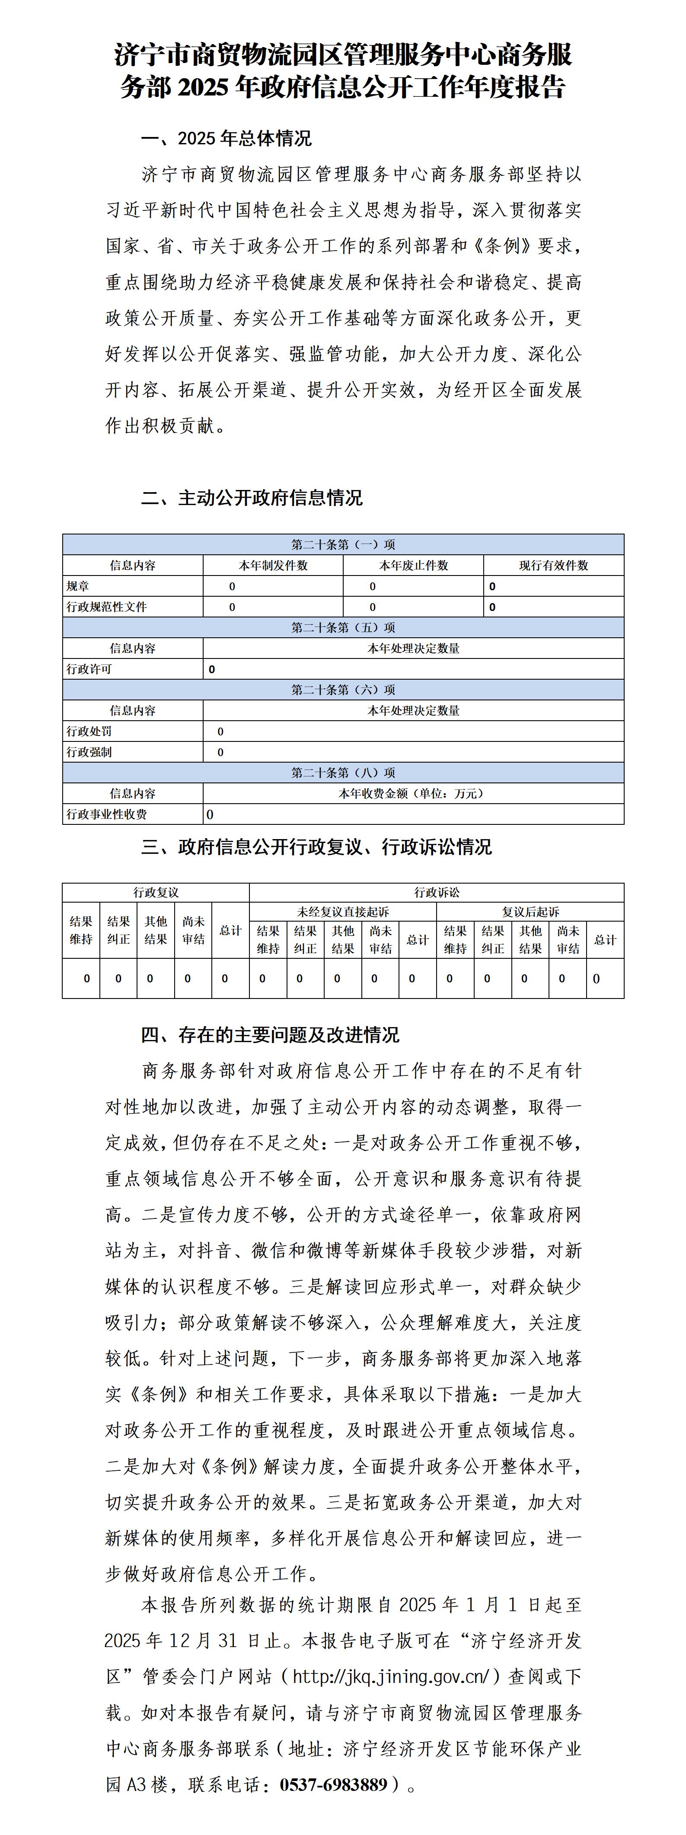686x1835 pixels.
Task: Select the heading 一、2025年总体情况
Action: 227,138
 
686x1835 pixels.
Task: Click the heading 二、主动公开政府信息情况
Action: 252,497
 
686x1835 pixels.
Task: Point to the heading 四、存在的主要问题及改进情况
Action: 270,1034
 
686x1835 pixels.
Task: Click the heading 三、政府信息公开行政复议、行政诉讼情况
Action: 316,846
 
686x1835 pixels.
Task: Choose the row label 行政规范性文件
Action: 107,607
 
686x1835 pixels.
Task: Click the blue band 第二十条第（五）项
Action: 343,627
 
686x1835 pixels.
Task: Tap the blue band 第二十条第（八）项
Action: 343,773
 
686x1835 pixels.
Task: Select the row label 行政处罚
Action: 89,731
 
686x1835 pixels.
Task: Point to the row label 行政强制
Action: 89,752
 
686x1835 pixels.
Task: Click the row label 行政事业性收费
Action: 107,814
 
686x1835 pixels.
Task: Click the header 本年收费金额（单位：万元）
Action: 413,794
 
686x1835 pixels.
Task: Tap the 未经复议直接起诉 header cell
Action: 343,912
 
